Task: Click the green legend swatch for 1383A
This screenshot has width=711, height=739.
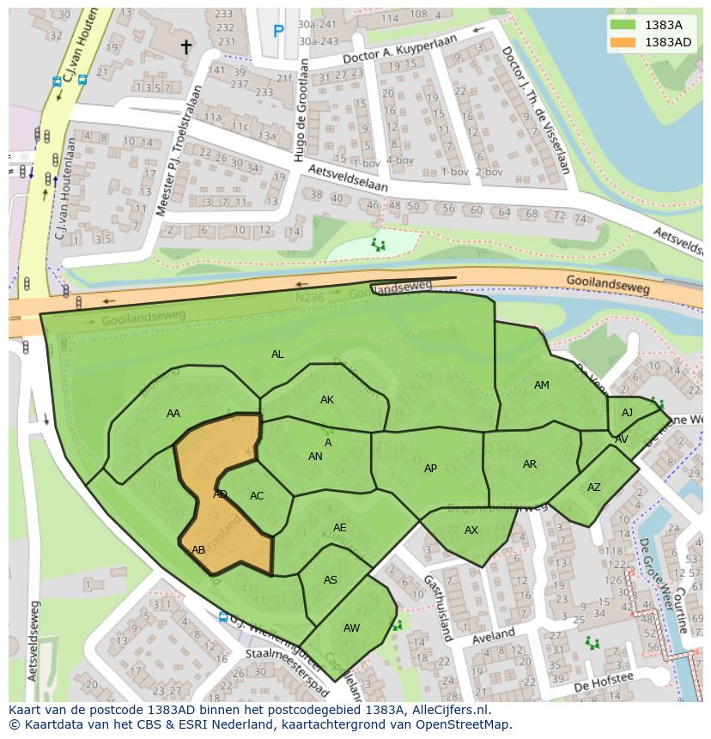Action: [x=623, y=26]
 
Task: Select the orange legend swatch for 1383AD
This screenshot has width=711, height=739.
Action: [x=623, y=42]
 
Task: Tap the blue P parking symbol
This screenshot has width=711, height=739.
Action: [x=278, y=32]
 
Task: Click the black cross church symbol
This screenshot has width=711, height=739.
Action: [x=185, y=46]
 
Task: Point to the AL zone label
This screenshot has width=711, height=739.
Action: [x=277, y=354]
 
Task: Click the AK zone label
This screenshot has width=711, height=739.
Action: [x=327, y=400]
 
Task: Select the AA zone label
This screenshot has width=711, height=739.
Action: [x=173, y=414]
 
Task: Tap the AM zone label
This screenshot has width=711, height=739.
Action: [x=541, y=385]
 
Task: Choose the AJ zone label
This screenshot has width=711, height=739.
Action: [x=627, y=413]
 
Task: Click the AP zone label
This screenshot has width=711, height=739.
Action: [x=430, y=469]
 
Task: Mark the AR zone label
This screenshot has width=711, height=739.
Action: [x=530, y=464]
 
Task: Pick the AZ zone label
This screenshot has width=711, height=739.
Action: [x=594, y=488]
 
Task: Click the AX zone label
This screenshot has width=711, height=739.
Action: [x=471, y=530]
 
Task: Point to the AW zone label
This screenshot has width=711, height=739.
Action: [x=351, y=628]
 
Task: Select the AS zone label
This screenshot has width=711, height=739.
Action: [x=331, y=580]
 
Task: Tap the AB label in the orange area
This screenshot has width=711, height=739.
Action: [x=198, y=550]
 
